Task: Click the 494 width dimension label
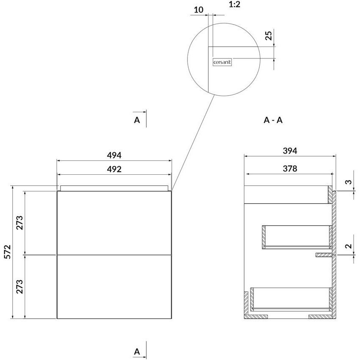pos(114,155)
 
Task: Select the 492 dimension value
pos(114,169)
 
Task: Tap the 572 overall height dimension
pos(8,252)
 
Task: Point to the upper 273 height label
pos(20,223)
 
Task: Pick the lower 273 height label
pos(20,286)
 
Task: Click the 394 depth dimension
pos(290,151)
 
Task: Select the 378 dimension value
pos(290,169)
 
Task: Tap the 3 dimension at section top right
pos(349,182)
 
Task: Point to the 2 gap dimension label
pos(349,246)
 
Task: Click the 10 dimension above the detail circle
pos(198,10)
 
